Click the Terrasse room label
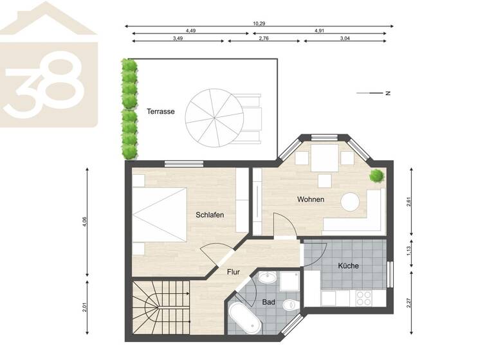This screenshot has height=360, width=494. [160, 111]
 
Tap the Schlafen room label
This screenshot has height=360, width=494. [210, 215]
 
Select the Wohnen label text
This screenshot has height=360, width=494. [310, 199]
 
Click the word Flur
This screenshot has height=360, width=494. [233, 271]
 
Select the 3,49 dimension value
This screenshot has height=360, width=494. [178, 39]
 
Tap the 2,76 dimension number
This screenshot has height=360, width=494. [264, 39]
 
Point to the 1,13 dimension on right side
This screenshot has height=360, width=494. [409, 250]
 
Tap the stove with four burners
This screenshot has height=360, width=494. [363, 298]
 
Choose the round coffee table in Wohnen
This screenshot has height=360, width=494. [351, 202]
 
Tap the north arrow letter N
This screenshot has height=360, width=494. [389, 93]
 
